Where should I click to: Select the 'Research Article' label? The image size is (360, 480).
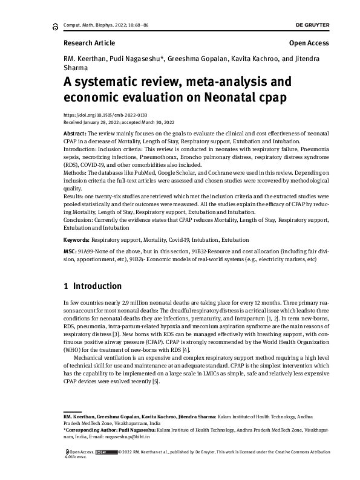[x=89, y=43]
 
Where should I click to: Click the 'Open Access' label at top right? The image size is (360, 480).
[x=309, y=43]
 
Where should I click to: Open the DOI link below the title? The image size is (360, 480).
[x=97, y=114]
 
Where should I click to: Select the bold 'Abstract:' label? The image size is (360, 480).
[x=76, y=132]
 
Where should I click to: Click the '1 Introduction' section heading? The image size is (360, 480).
[x=93, y=286]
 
